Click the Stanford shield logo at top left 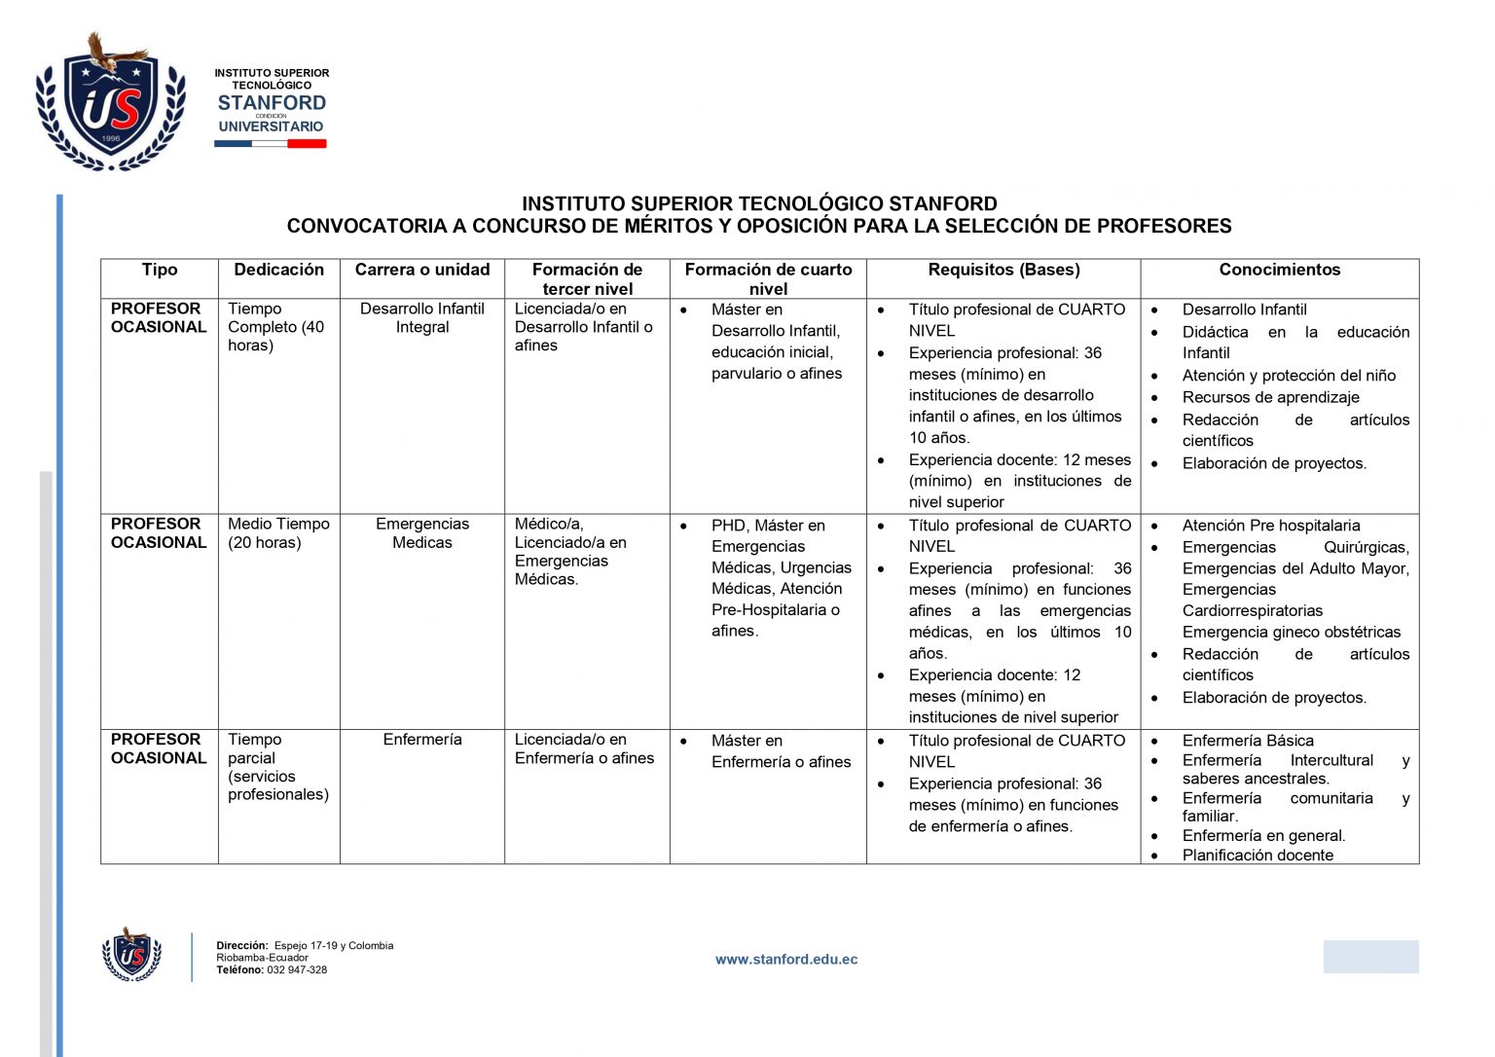(x=110, y=105)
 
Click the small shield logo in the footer (x=131, y=954)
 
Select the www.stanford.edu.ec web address (x=786, y=960)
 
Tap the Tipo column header (x=160, y=270)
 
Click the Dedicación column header (x=278, y=270)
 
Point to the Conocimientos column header (x=1279, y=270)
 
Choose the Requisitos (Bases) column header (x=1003, y=270)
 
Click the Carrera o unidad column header (x=421, y=270)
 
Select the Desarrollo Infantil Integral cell (x=421, y=318)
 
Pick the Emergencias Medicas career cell (x=421, y=533)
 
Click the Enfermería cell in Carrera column (x=421, y=740)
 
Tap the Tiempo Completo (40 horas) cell (x=276, y=327)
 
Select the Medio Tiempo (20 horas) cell (x=278, y=533)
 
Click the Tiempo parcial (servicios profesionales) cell (x=277, y=767)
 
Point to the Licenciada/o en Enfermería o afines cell (x=584, y=748)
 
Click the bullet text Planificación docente (x=1258, y=856)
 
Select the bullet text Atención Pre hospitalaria (x=1271, y=526)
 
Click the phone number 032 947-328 (x=297, y=970)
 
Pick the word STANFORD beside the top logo (x=272, y=103)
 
